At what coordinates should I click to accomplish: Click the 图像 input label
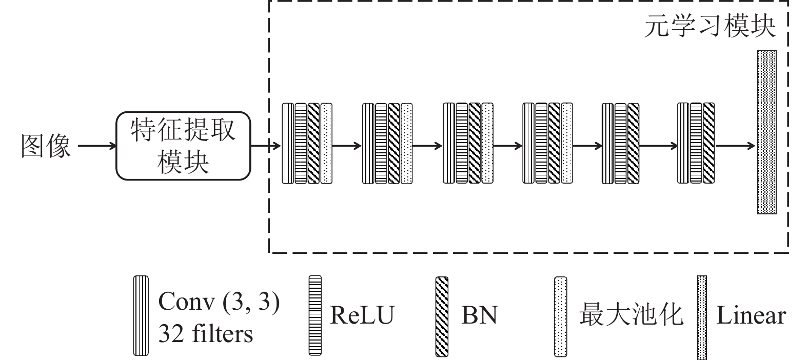point(46,147)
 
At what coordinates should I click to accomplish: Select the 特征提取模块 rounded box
point(183,146)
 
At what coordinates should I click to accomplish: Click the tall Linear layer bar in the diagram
point(766,132)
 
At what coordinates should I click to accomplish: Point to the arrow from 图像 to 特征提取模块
point(97,147)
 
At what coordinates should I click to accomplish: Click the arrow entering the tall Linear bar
point(735,146)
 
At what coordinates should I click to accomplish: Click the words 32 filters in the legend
point(206,334)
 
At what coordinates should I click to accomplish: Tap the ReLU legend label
point(362,315)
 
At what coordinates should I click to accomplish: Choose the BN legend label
point(479,315)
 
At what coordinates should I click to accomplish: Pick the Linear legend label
point(751,315)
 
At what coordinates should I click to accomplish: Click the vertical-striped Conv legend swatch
point(141,315)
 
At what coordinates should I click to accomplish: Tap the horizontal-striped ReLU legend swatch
point(315,315)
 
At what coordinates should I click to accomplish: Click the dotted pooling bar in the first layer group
point(326,144)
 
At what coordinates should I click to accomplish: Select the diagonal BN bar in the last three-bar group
point(708,143)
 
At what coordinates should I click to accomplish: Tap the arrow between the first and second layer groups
point(347,146)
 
